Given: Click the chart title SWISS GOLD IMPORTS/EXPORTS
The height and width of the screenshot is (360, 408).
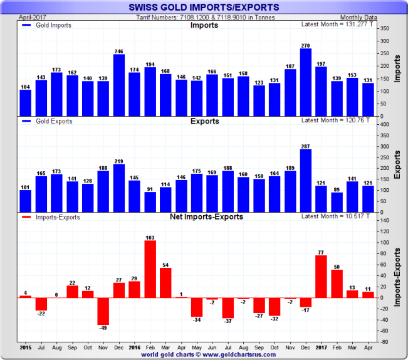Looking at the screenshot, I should coord(204,8).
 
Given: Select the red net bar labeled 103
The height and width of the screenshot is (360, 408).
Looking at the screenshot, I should coord(150,269).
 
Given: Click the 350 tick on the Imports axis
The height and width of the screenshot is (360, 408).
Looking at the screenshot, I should coord(385,29).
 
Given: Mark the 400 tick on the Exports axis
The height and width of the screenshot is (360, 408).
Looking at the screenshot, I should coord(385,125).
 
